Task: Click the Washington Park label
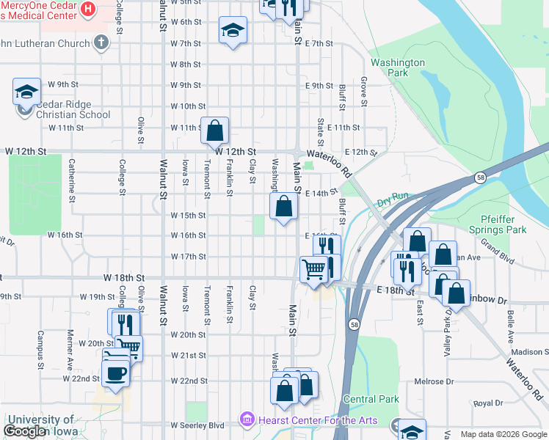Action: pyautogui.click(x=397, y=68)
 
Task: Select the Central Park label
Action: pyautogui.click(x=371, y=400)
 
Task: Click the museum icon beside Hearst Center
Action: pyautogui.click(x=246, y=420)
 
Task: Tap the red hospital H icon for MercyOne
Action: pyautogui.click(x=88, y=9)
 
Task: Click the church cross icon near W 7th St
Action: pyautogui.click(x=102, y=43)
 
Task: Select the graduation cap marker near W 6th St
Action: pyautogui.click(x=233, y=30)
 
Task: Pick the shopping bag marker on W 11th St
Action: pyautogui.click(x=214, y=131)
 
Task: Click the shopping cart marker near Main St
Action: pyautogui.click(x=313, y=269)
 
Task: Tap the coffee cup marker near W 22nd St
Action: pyautogui.click(x=115, y=373)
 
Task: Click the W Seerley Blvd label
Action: pyautogui.click(x=197, y=425)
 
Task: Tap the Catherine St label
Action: pyautogui.click(x=71, y=181)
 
